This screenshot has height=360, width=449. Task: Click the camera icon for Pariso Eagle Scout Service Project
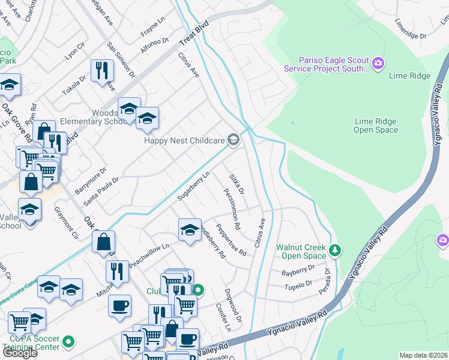(x=378, y=63)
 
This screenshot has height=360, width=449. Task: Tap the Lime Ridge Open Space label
(x=376, y=126)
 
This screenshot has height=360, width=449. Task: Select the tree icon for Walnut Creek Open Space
(x=336, y=250)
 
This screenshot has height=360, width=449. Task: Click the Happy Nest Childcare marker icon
(x=234, y=141)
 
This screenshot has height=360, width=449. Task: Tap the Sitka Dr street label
(x=237, y=184)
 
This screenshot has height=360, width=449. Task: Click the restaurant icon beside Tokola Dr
(x=102, y=70)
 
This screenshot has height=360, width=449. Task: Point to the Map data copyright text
(x=423, y=355)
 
